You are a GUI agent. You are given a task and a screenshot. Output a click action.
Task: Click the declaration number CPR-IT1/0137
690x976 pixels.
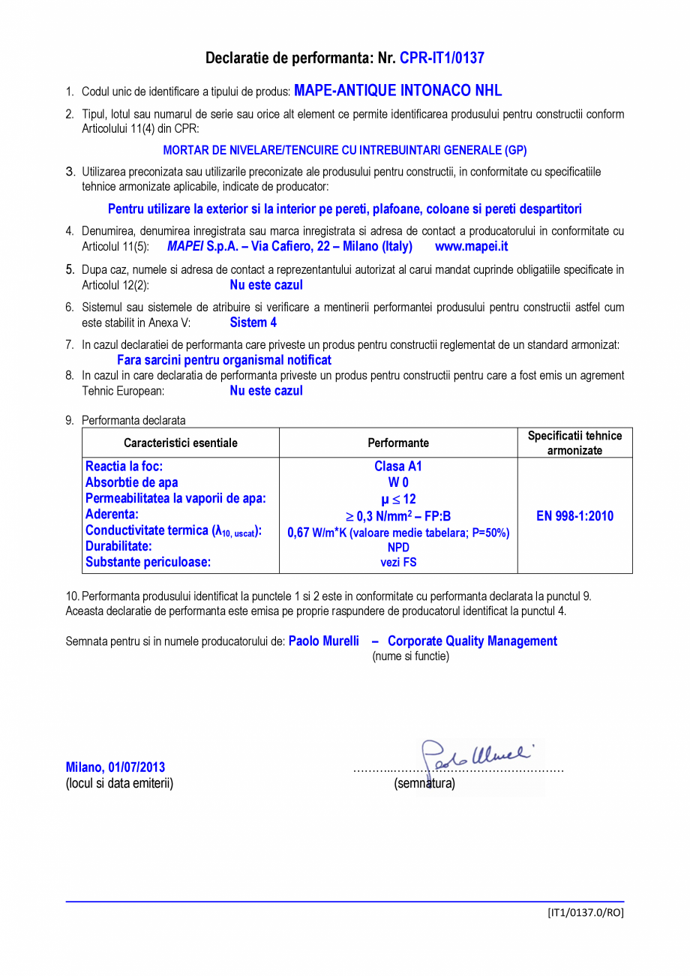442,58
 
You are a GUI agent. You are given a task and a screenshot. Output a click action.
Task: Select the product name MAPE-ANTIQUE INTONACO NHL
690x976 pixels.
397,91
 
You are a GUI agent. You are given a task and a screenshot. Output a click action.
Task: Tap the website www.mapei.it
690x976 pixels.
471,246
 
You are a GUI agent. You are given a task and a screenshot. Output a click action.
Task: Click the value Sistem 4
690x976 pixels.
253,323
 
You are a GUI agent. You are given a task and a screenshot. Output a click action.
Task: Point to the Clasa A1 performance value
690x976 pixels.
398,467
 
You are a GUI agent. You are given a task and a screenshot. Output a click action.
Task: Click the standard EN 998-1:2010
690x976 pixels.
574,516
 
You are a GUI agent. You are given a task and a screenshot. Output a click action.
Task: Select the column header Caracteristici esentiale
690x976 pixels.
181,443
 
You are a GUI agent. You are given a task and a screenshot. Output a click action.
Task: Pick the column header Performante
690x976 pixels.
398,443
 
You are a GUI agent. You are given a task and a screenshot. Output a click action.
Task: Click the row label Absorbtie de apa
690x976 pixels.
132,482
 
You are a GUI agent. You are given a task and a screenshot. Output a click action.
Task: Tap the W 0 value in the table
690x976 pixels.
398,482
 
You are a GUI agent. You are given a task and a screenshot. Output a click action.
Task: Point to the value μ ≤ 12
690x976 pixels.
398,499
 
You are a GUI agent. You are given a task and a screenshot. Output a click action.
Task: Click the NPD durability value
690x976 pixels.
398,548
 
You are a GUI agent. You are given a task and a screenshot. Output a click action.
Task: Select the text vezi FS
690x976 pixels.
398,562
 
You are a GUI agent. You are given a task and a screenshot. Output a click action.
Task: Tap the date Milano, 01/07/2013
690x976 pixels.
115,767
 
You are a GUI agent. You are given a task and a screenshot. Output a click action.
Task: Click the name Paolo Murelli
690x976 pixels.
324,641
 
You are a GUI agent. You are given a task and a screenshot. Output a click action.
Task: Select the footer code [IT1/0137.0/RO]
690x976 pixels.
585,912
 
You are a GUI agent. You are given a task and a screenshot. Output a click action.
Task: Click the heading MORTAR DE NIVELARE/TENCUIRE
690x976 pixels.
345,149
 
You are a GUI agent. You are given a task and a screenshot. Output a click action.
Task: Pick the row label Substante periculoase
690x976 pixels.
148,561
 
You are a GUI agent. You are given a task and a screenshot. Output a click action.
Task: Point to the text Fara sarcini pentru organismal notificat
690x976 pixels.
224,360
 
